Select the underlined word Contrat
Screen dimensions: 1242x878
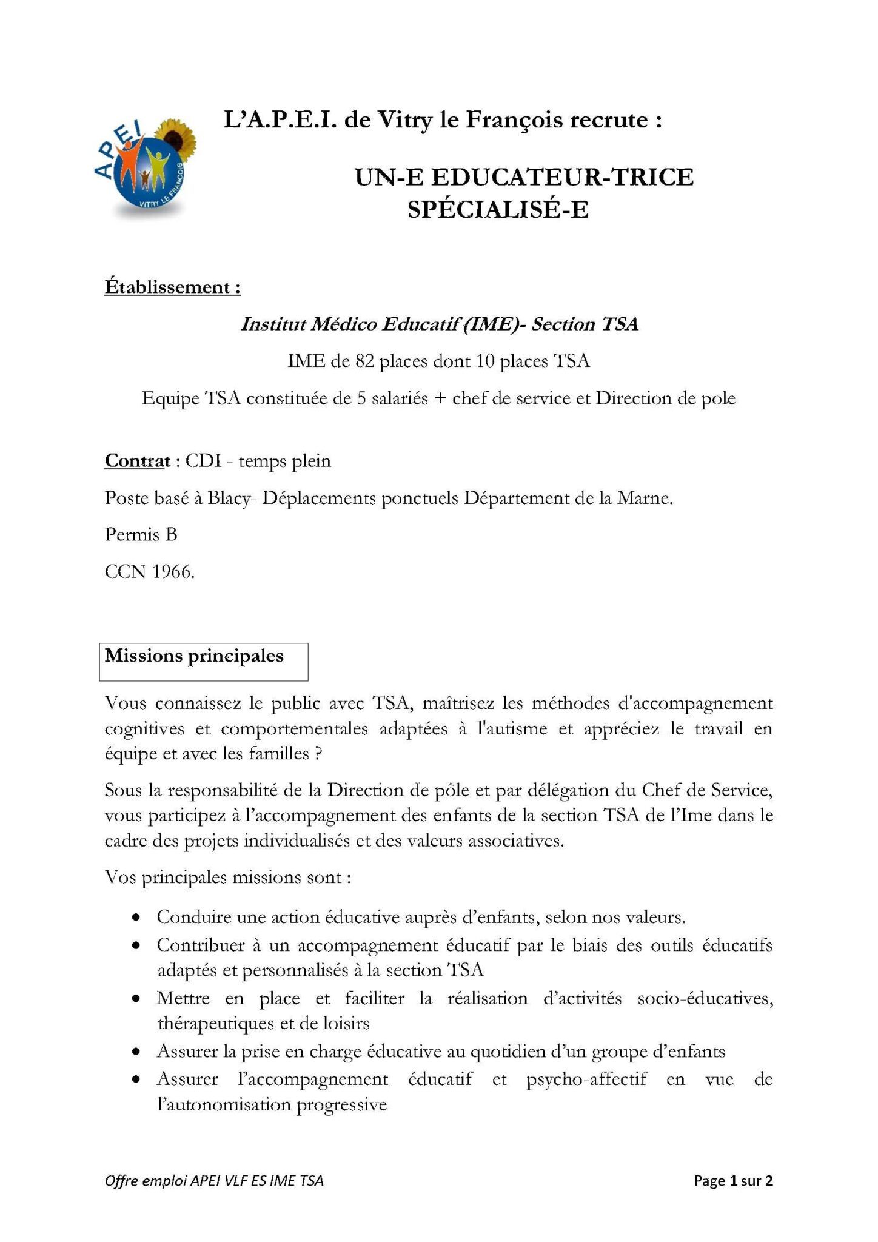(137, 461)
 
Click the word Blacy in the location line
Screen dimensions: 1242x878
(229, 498)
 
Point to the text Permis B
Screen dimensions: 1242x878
(141, 535)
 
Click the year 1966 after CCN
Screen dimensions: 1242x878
(173, 572)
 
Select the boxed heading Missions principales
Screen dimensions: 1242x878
(194, 656)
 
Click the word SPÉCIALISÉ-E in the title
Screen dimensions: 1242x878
(498, 210)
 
